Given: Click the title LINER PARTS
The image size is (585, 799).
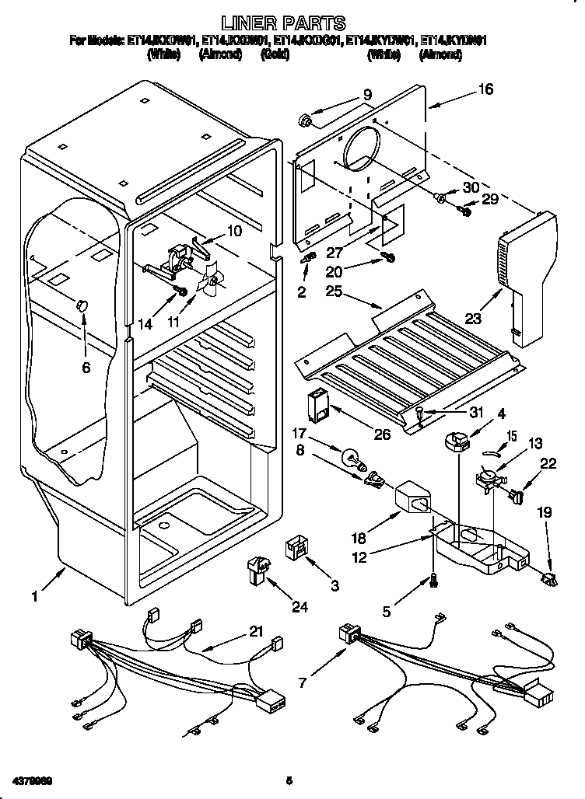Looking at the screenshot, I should pyautogui.click(x=282, y=23).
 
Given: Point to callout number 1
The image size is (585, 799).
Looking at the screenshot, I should pyautogui.click(x=34, y=597).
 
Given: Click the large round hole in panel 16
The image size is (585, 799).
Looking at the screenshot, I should pyautogui.click(x=363, y=148).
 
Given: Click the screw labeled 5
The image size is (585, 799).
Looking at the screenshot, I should pyautogui.click(x=431, y=579).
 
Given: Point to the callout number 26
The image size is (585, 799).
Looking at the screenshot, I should pyautogui.click(x=382, y=434).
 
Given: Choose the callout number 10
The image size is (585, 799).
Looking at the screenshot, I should pyautogui.click(x=234, y=231).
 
